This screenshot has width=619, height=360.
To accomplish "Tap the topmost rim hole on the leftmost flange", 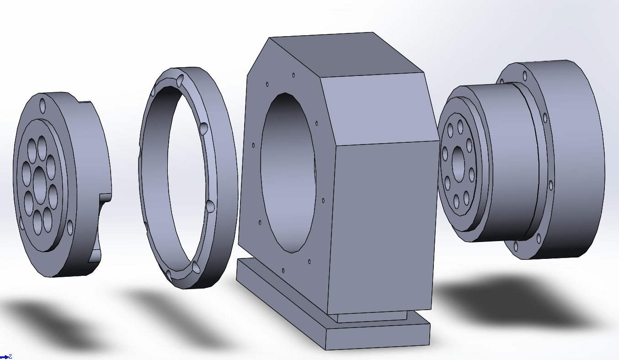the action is (x=43, y=106).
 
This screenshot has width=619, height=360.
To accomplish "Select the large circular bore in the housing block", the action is (x=288, y=173).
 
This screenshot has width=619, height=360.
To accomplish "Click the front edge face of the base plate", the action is (x=378, y=337).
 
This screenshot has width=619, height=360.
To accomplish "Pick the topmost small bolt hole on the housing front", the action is (x=293, y=75).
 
